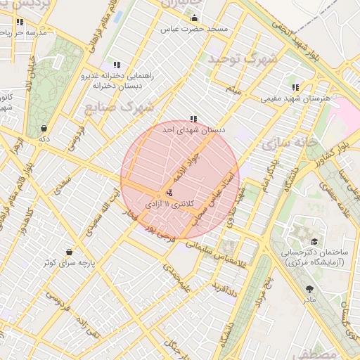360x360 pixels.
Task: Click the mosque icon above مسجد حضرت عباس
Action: pyautogui.click(x=195, y=18)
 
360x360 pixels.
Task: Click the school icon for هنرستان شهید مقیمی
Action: pyautogui.click(x=295, y=88)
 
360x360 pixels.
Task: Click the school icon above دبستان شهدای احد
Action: pyautogui.click(x=193, y=119)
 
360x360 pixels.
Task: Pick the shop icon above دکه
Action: pyautogui.click(x=45, y=129)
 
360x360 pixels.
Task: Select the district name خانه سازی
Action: pyautogui.click(x=285, y=145)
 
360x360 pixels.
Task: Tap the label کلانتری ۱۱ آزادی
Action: pyautogui.click(x=169, y=203)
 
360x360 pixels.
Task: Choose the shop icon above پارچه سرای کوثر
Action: pyautogui.click(x=69, y=251)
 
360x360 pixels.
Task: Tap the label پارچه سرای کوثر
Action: pyautogui.click(x=69, y=263)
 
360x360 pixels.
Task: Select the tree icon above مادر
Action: pyautogui.click(x=310, y=288)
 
